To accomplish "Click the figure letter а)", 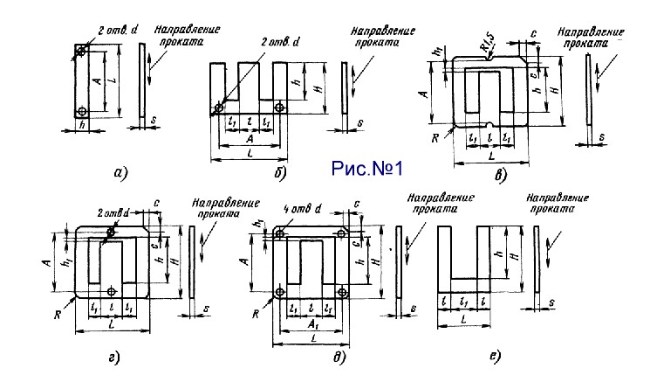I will tap(120, 172).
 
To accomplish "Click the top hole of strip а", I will tap(81, 52).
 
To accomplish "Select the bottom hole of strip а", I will tap(81, 111).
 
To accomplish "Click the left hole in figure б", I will tap(216, 108).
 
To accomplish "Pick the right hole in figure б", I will tap(279, 108).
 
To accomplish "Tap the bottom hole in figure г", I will tap(111, 291).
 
